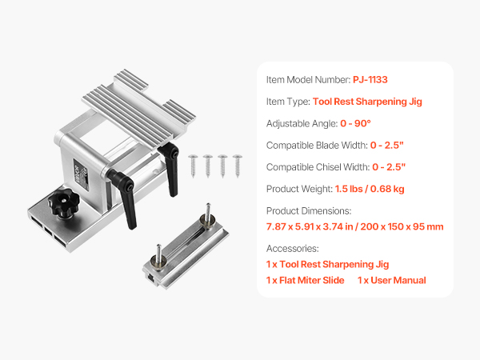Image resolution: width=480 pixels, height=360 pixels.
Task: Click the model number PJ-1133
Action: coord(370,79)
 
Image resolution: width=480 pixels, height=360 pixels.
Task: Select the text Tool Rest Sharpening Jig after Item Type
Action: coord(367,102)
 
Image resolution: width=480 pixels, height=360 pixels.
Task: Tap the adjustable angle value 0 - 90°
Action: coord(355,123)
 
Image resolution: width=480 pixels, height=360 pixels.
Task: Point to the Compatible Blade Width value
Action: coord(387,145)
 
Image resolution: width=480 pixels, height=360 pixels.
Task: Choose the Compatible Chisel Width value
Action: coord(389,167)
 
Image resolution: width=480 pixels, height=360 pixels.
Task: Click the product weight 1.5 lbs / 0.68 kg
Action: coord(370,189)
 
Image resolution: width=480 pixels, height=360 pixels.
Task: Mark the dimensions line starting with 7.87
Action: coord(354,226)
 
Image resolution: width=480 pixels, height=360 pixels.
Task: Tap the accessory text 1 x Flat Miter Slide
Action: coord(306,280)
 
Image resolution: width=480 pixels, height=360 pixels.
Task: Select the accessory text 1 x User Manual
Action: coord(392,280)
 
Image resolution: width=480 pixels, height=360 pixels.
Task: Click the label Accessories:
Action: coord(292,248)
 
